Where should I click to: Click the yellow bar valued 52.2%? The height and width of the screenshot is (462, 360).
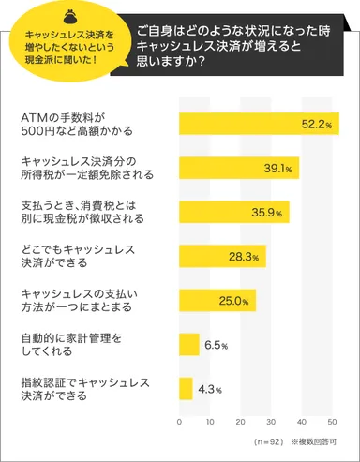(258, 124)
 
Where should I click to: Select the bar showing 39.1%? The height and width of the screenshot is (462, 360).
(238, 168)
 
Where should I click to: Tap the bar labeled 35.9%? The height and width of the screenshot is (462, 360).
(233, 212)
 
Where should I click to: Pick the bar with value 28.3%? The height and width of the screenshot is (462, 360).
(222, 256)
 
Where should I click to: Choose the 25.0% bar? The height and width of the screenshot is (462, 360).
(217, 300)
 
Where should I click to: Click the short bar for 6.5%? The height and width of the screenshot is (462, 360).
(188, 344)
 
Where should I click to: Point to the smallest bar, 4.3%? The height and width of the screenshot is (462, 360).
(186, 388)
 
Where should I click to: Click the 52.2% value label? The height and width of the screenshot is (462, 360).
(316, 124)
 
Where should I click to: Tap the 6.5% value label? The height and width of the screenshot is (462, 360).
(217, 345)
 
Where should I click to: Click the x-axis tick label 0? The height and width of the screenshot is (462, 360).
(179, 421)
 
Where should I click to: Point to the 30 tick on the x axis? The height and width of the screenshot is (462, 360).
(271, 421)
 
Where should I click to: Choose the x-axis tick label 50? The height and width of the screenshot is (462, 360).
(332, 421)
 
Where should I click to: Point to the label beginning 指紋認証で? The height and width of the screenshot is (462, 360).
(77, 388)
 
